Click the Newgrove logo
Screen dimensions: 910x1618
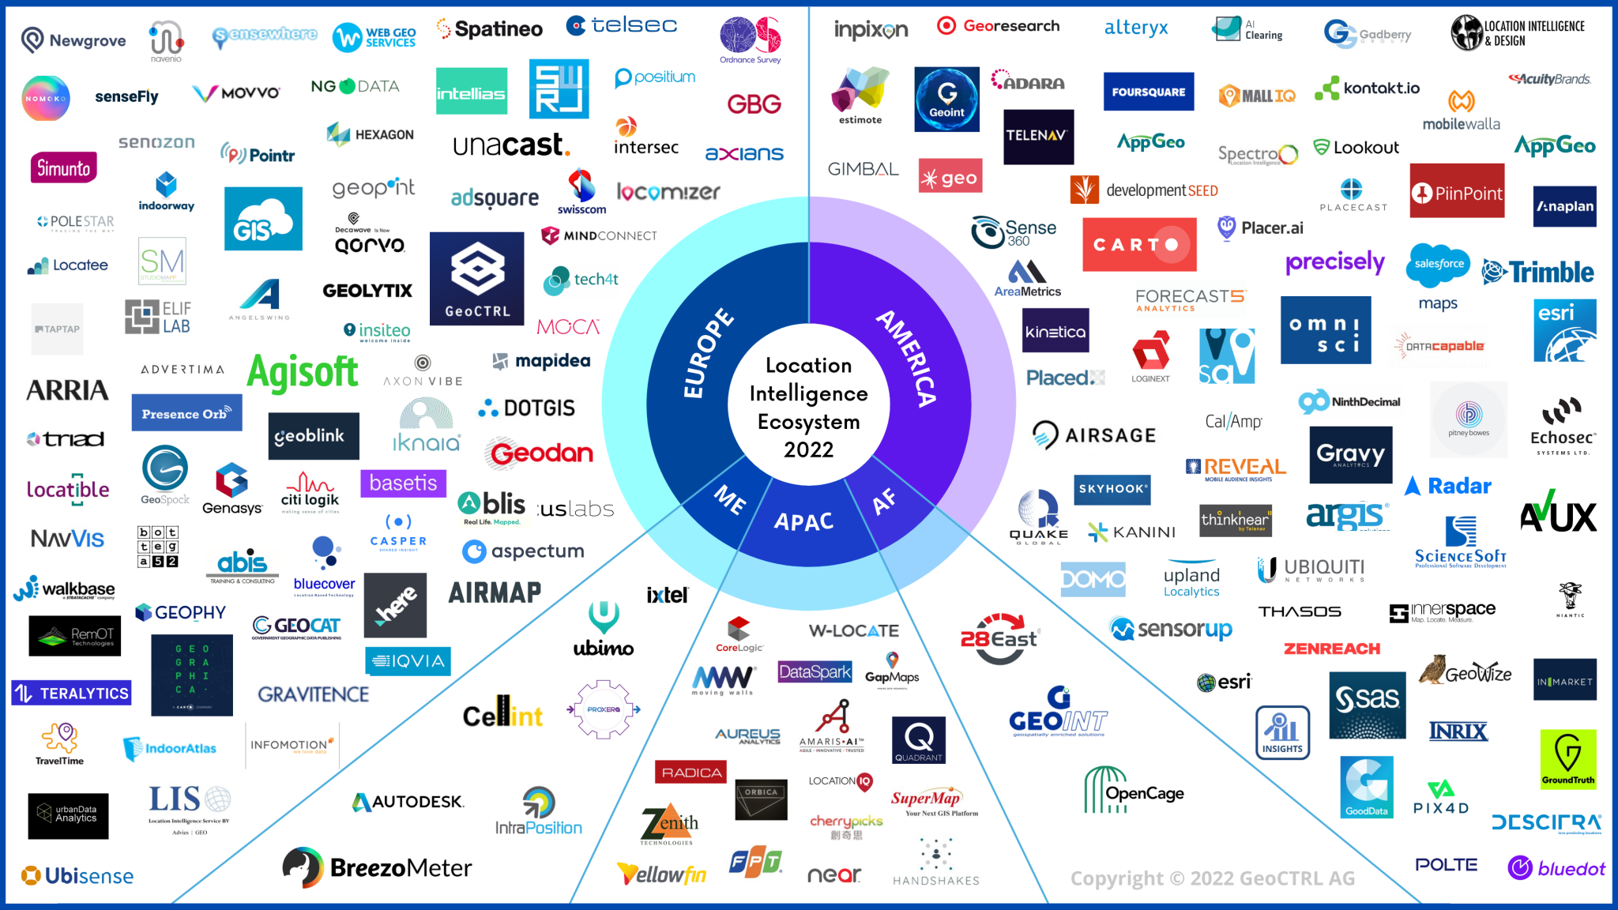[x=73, y=39]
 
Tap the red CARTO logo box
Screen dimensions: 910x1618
[x=1138, y=245]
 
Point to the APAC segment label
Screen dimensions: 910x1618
[x=803, y=522]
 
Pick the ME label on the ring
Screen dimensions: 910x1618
[x=730, y=499]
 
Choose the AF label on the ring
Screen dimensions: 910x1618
[x=884, y=501]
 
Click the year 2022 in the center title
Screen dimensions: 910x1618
[x=808, y=449]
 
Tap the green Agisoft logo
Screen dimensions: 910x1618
[x=303, y=373]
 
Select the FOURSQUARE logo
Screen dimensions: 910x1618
[x=1148, y=92]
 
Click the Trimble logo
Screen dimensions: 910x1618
[x=1538, y=272]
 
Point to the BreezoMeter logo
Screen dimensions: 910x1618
[x=378, y=867]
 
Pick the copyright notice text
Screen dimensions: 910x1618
[x=1212, y=878]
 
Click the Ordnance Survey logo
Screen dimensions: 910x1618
[x=750, y=40]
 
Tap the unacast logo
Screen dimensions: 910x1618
[x=511, y=145]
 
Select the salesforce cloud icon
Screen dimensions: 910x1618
[x=1438, y=264]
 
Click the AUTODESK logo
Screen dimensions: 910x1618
[x=408, y=802]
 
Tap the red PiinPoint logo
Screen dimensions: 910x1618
[x=1457, y=192]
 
